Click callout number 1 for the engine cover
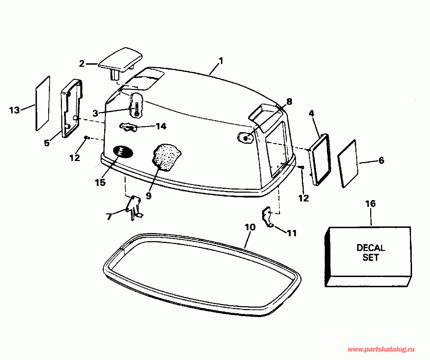click(x=221, y=61)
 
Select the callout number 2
click(x=82, y=64)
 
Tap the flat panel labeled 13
click(x=43, y=103)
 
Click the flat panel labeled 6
click(x=348, y=163)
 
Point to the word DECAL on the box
click(x=371, y=247)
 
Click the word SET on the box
click(x=371, y=257)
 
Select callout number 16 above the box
click(x=370, y=204)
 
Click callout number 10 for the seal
click(x=250, y=227)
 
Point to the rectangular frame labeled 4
click(x=320, y=159)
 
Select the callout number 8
click(x=289, y=102)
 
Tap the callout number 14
click(x=161, y=126)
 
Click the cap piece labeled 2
click(x=121, y=59)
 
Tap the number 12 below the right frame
click(x=303, y=198)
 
